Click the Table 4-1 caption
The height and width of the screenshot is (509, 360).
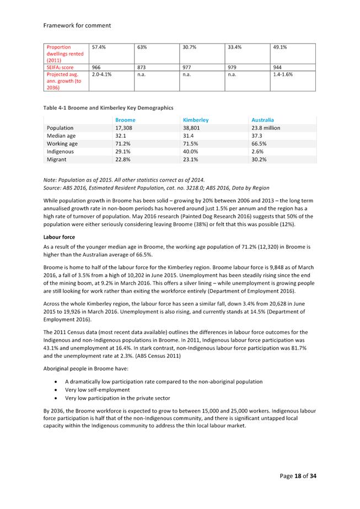click(108, 108)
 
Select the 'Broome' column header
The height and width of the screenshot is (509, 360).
click(125, 120)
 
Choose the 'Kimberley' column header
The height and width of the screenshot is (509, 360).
click(195, 120)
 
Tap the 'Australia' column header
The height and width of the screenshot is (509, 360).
click(262, 120)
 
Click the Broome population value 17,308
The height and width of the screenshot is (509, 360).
click(124, 128)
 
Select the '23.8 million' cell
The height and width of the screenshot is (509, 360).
click(266, 128)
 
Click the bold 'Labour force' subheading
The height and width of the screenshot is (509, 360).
click(60, 237)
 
